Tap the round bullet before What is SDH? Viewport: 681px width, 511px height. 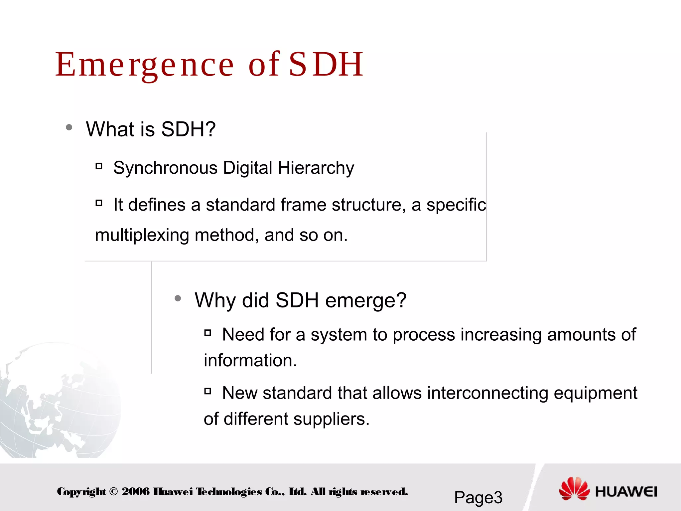tap(69, 127)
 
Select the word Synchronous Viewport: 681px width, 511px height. tap(165, 168)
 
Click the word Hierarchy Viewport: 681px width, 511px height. tap(316, 168)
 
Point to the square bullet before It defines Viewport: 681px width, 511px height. tap(99, 203)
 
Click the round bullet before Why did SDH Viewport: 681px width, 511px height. tap(178, 298)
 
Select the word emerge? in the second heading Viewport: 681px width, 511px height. tap(366, 300)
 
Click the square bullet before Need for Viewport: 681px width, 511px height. tap(208, 333)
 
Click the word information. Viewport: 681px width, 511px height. tap(250, 360)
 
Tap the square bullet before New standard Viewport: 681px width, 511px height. tap(208, 391)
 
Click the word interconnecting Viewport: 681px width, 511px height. tap(487, 393)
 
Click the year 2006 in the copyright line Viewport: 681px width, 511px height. tap(136, 492)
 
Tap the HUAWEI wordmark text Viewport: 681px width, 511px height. tap(626, 492)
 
